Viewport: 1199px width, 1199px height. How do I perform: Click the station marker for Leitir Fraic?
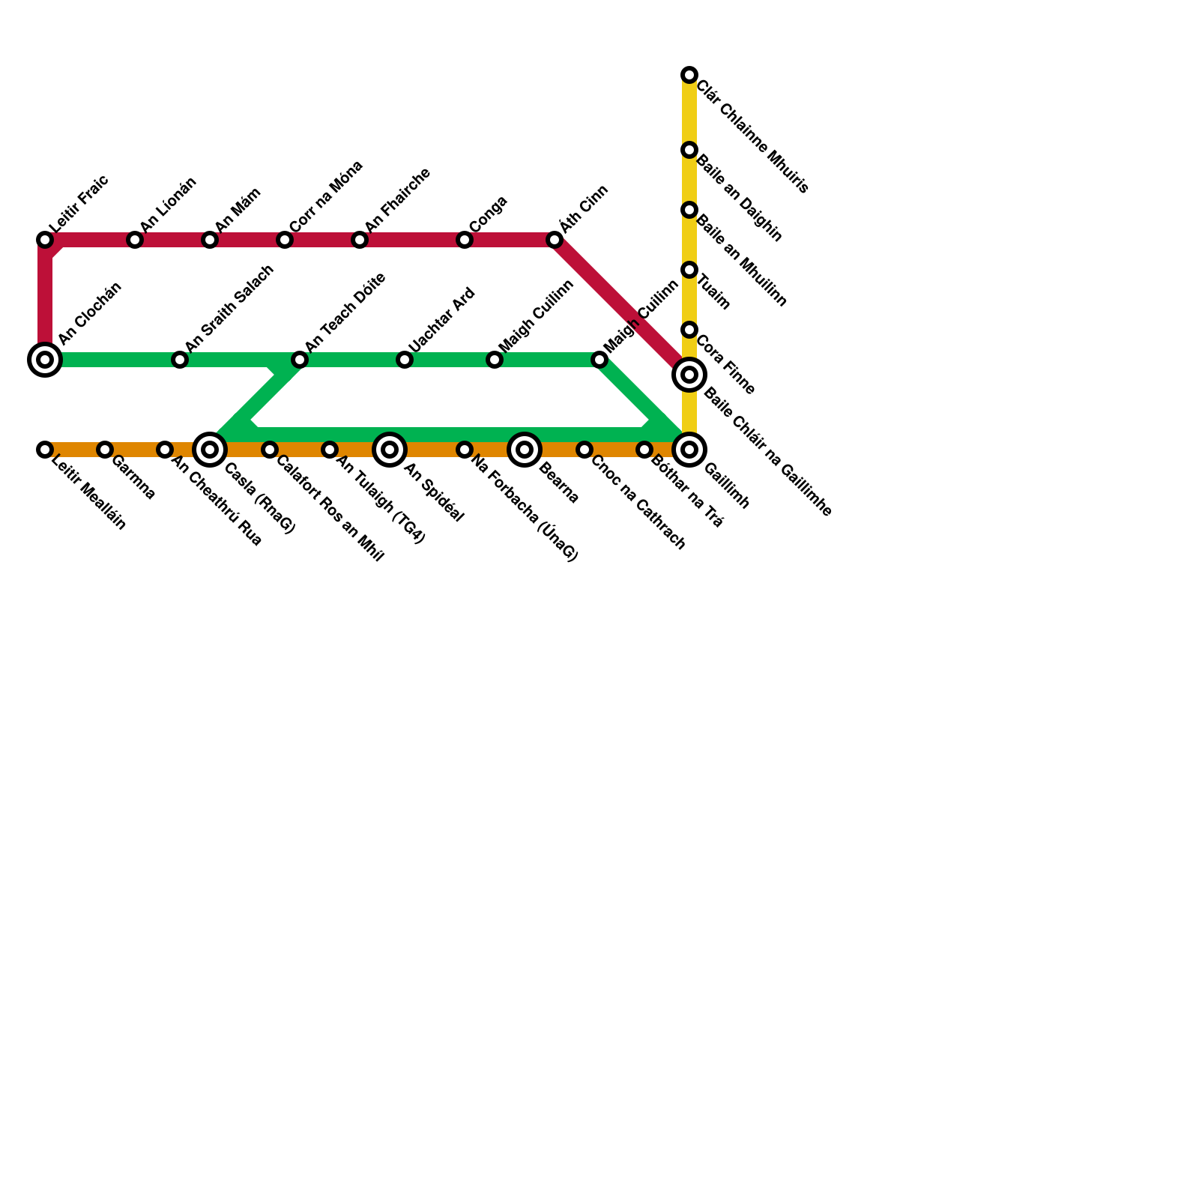45,240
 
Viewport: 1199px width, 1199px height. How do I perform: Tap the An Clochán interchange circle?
45,360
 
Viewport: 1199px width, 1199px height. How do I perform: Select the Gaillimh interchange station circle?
689,450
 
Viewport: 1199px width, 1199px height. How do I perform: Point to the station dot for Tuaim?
689,270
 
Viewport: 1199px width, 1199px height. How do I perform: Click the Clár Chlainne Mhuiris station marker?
689,75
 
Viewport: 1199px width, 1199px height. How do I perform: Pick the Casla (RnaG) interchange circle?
210,450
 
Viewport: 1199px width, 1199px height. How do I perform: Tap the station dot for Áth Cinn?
555,240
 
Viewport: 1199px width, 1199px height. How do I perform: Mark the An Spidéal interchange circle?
390,450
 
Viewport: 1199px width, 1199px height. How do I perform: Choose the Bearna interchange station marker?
525,450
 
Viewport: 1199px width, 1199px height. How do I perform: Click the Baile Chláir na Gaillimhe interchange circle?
689,375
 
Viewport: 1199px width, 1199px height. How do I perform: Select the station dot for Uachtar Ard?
405,360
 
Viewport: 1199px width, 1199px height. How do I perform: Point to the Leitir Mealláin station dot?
45,450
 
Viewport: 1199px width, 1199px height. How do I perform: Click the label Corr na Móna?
325,196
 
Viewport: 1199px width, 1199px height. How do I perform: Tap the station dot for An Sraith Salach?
180,360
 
